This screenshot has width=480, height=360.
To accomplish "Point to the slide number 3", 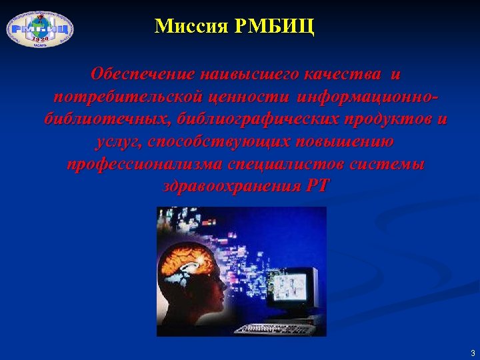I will click(x=472, y=353).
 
